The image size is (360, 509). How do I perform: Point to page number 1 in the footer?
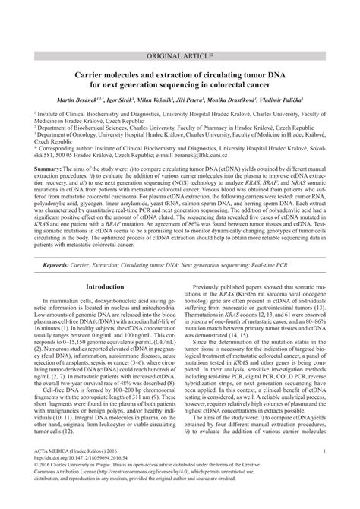point(324,473)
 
